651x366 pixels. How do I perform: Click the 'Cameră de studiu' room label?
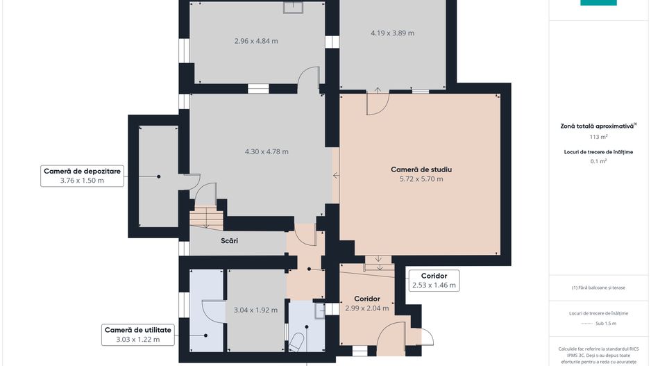pos(421,169)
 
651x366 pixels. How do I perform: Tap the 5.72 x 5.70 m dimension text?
pos(421,179)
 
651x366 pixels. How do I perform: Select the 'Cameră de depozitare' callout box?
pos(82,176)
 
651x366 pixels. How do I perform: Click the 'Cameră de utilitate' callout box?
pos(138,335)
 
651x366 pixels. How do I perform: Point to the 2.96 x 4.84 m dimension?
pos(256,41)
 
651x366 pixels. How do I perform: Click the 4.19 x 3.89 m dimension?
pos(392,33)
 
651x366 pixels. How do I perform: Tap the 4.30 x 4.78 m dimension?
pos(267,151)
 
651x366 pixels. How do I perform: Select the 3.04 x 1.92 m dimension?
pos(255,310)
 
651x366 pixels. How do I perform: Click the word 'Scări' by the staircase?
pos(229,240)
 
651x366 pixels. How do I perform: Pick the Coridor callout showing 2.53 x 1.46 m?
pos(434,281)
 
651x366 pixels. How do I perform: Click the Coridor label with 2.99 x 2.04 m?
pos(367,303)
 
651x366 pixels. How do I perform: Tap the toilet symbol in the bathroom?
pos(296,342)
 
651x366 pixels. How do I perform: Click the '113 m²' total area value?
pos(599,137)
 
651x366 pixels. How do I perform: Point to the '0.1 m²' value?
pos(599,161)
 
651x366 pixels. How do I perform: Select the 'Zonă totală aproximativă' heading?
pos(598,126)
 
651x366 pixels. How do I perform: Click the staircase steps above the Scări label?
pos(206,219)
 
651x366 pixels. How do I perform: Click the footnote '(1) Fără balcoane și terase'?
pos(598,288)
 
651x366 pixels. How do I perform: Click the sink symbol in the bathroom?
pos(320,310)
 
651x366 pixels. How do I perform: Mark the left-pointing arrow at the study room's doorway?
pos(337,176)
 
